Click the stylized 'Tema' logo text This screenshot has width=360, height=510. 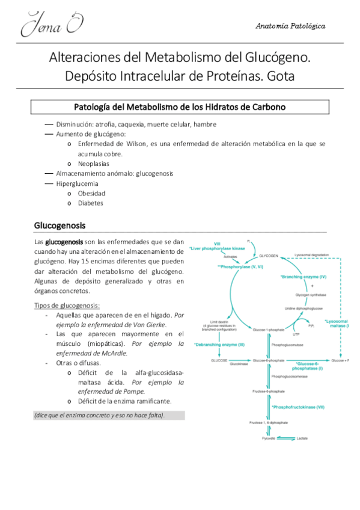pyautogui.click(x=51, y=25)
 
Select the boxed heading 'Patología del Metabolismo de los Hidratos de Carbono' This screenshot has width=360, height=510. pyautogui.click(x=180, y=107)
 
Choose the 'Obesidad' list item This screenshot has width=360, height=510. pyautogui.click(x=91, y=193)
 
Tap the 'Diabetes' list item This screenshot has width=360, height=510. pyautogui.click(x=90, y=203)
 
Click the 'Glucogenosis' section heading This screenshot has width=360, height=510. pyautogui.click(x=59, y=226)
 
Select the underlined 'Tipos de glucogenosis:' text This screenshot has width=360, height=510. pyautogui.click(x=67, y=305)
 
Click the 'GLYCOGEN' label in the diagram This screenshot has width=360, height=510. pyautogui.click(x=269, y=255)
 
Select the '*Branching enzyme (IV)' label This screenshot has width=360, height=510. pyautogui.click(x=303, y=277)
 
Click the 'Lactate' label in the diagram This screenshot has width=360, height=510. pyautogui.click(x=302, y=438)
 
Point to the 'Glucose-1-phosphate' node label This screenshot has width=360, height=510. pyautogui.click(x=268, y=330)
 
